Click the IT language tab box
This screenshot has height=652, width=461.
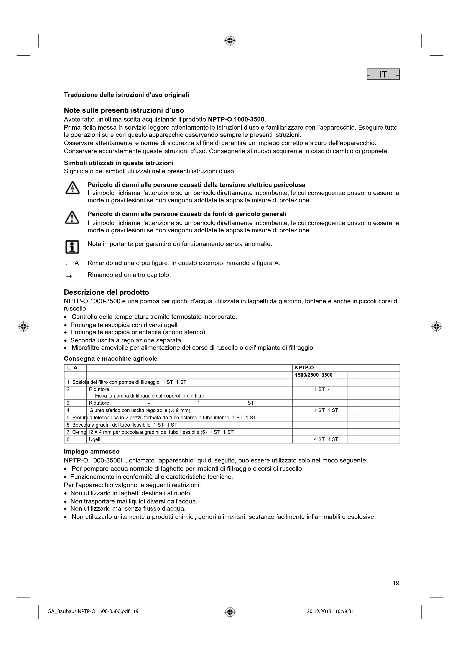383,74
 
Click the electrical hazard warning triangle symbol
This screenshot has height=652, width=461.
72,188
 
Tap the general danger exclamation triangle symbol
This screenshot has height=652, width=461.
72,218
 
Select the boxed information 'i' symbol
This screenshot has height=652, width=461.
72,247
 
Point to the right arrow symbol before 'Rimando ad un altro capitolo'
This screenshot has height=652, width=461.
69,276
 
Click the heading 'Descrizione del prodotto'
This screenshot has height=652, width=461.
106,292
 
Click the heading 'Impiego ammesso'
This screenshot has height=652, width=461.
92,452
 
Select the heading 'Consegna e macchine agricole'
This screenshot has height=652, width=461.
111,359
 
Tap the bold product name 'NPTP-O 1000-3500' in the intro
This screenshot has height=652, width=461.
236,119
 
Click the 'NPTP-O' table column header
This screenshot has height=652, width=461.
304,368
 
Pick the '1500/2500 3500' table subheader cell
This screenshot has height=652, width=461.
314,375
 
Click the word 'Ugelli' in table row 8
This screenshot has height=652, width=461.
95,439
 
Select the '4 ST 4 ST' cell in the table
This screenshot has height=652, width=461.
326,439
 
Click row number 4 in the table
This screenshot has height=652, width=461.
68,410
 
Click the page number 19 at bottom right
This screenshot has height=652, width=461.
396,583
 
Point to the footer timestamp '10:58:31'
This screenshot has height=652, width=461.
344,612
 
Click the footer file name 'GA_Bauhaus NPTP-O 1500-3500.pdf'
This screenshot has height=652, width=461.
90,612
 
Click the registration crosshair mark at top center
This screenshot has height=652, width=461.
230,41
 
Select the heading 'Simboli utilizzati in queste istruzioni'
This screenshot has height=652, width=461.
119,163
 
